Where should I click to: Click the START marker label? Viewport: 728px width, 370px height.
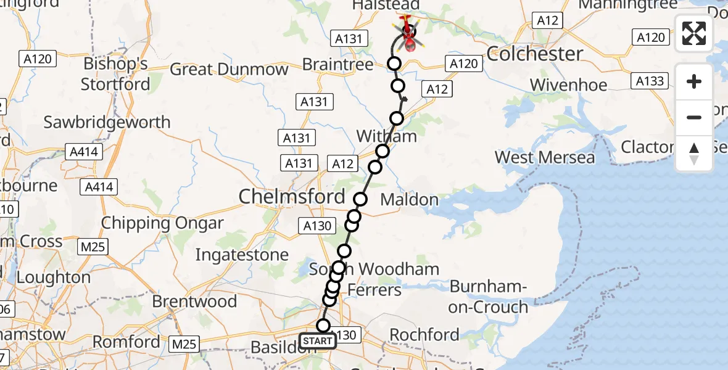(x=318, y=341)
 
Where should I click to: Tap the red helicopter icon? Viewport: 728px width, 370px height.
(x=408, y=35)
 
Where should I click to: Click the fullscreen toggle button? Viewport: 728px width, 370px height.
(x=694, y=33)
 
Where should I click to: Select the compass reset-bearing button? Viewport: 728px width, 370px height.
(x=694, y=154)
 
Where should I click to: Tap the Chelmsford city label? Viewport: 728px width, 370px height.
(x=292, y=197)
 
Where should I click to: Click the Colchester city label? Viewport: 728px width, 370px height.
(x=535, y=54)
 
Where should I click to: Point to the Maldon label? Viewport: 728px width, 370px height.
(x=410, y=200)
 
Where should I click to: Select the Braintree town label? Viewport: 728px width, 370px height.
(x=338, y=65)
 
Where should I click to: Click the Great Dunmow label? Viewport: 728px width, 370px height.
(x=229, y=69)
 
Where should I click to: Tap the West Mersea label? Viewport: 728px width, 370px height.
(x=545, y=157)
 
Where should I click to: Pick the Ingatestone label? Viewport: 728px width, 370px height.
(x=242, y=255)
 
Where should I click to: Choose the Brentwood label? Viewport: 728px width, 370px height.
(x=194, y=302)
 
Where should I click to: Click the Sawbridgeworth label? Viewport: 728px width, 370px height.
(x=107, y=122)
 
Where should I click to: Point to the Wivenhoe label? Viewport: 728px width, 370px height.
(x=568, y=85)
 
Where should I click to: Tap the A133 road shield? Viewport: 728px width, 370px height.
(x=650, y=81)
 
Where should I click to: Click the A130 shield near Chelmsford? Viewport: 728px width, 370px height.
(x=318, y=226)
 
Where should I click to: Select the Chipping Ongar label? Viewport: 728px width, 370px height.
(x=162, y=223)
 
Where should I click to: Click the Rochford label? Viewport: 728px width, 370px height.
(x=424, y=335)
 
